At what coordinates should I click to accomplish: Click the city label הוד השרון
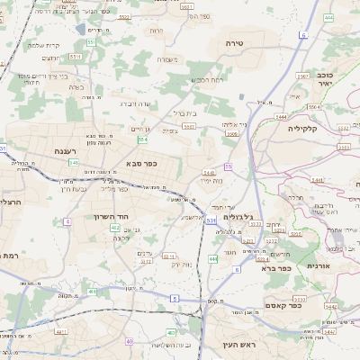112,216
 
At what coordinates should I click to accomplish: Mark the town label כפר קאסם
307,306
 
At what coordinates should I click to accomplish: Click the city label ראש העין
239,344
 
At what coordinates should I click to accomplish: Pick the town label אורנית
319,266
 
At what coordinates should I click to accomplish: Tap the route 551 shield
76,56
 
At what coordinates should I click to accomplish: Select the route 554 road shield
142,139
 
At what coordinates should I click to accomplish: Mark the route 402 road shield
115,229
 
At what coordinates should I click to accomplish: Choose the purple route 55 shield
229,167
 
